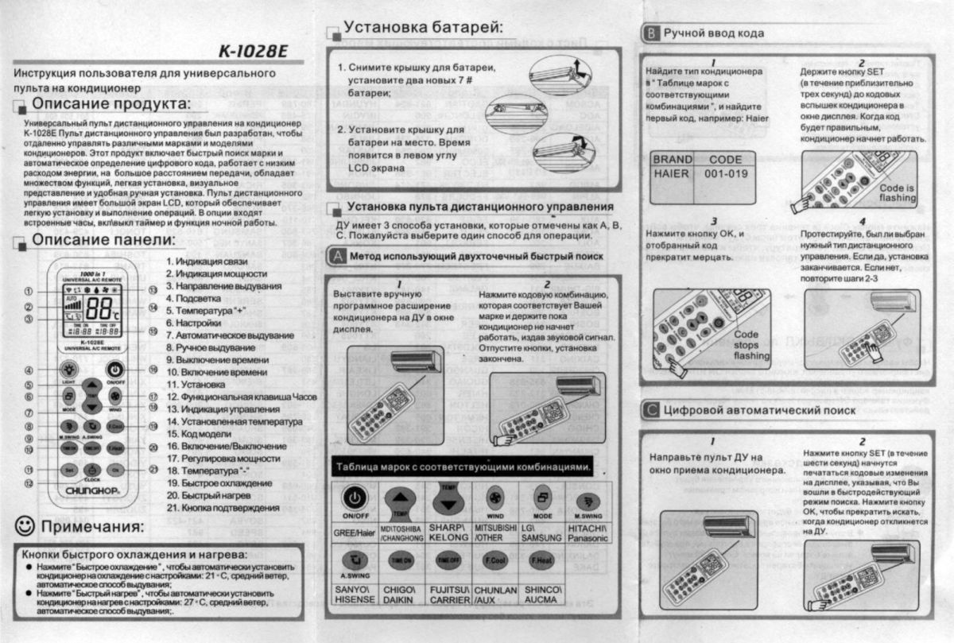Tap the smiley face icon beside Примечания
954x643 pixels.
pos(27,526)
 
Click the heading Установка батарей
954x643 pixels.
pos(423,28)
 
